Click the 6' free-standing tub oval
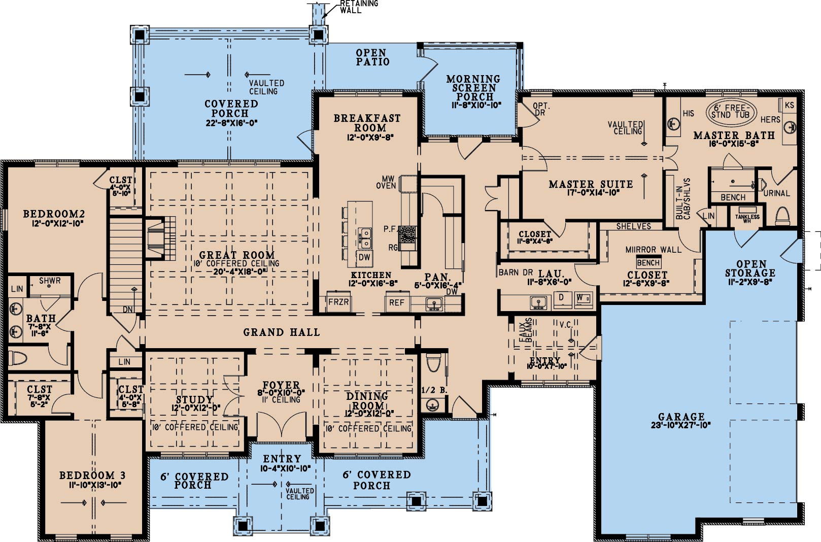pyautogui.click(x=731, y=112)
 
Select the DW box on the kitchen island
pyautogui.click(x=364, y=257)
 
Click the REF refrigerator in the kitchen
pyautogui.click(x=397, y=302)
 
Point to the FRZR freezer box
pyautogui.click(x=338, y=302)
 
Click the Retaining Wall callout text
pyautogui.click(x=354, y=7)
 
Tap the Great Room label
pyautogui.click(x=237, y=255)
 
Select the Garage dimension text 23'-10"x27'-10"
pyautogui.click(x=681, y=425)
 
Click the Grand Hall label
pyautogui.click(x=282, y=332)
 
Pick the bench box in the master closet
pyautogui.click(x=648, y=263)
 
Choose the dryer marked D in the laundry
pyautogui.click(x=562, y=299)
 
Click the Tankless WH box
pyautogui.click(x=747, y=217)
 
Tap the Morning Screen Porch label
pyautogui.click(x=473, y=88)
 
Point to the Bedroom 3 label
pyautogui.click(x=92, y=476)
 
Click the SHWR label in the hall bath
pyautogui.click(x=50, y=281)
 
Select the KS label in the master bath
pyautogui.click(x=790, y=105)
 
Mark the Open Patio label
pyautogui.click(x=372, y=57)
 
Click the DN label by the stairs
pyautogui.click(x=127, y=310)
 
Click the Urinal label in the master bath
pyautogui.click(x=777, y=193)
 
